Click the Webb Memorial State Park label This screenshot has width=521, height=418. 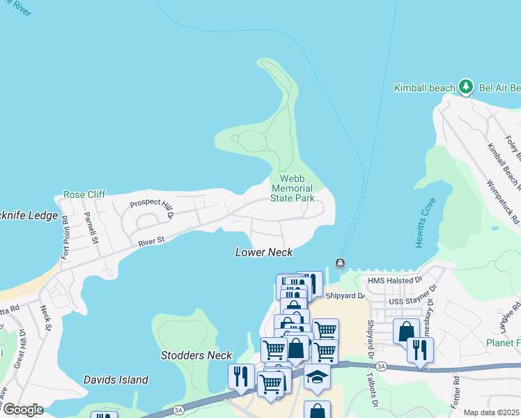click(x=293, y=188)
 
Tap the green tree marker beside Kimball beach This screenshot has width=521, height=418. click(x=466, y=87)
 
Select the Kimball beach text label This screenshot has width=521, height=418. click(x=424, y=88)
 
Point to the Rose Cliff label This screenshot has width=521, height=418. click(x=84, y=194)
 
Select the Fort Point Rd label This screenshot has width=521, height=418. click(x=65, y=238)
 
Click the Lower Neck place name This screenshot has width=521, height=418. click(x=264, y=252)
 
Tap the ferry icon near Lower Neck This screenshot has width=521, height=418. click(x=339, y=263)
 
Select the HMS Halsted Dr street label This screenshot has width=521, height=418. click(x=395, y=280)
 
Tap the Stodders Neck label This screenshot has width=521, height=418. click(x=196, y=355)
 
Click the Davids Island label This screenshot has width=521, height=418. click(x=116, y=380)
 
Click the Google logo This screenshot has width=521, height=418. click(x=23, y=410)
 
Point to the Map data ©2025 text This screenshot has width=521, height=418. click(x=492, y=412)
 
